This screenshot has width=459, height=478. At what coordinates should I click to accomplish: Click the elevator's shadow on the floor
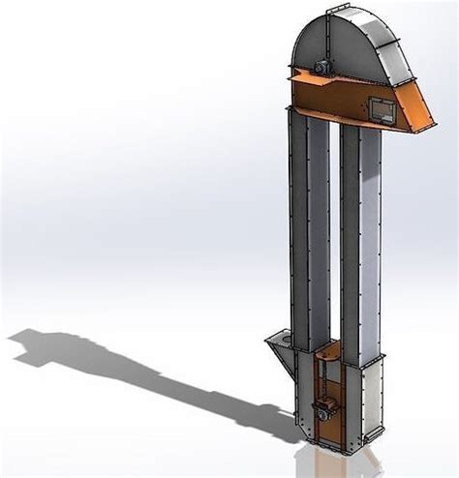pos(116,368)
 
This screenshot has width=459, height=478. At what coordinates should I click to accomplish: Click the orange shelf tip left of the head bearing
pos(293,73)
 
